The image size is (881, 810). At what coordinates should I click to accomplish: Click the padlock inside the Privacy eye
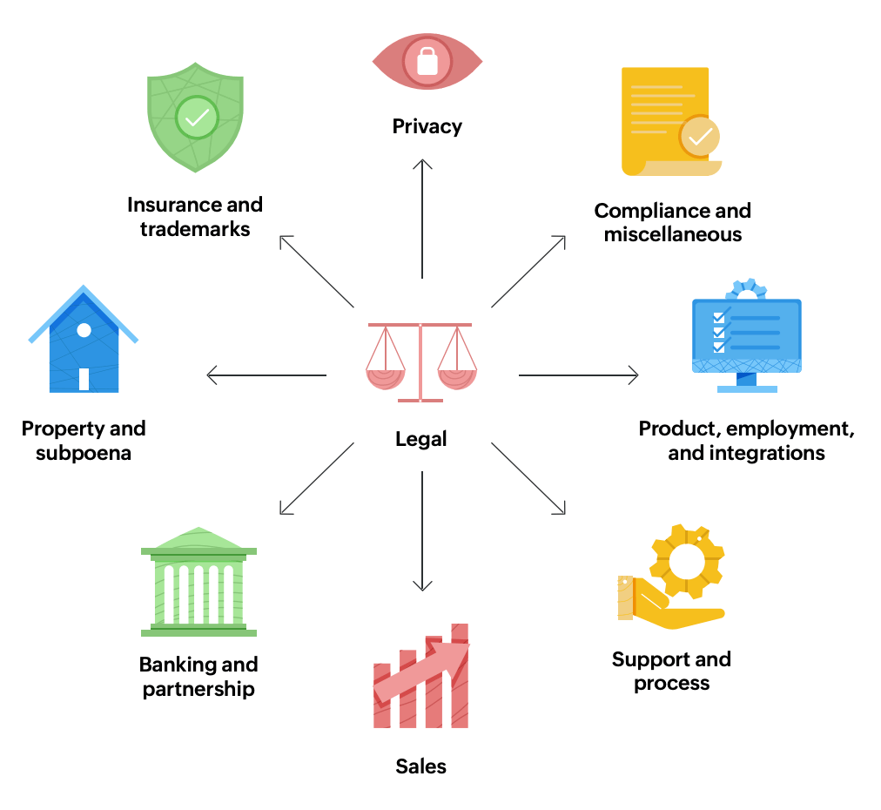[x=427, y=62]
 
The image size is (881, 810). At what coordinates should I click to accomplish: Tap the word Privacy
[x=427, y=126]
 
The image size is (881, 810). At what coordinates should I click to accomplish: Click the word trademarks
[x=195, y=229]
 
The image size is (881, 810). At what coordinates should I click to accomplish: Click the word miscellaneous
[x=673, y=234]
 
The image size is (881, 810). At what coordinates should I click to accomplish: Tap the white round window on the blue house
[x=84, y=331]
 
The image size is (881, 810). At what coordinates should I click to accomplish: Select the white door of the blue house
[x=84, y=378]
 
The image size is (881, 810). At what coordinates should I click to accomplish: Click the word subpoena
[x=84, y=453]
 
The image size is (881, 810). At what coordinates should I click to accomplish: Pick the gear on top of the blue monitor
[x=746, y=290]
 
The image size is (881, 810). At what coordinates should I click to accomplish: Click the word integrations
[x=746, y=453]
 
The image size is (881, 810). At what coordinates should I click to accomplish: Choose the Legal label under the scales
[x=421, y=439]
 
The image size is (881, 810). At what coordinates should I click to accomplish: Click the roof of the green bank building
[x=199, y=541]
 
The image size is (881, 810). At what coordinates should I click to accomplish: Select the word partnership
[x=198, y=689]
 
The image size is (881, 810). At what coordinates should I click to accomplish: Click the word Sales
[x=421, y=766]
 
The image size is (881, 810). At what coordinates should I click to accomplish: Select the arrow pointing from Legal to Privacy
[x=422, y=218]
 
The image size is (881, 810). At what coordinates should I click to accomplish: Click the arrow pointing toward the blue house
[x=266, y=376]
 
